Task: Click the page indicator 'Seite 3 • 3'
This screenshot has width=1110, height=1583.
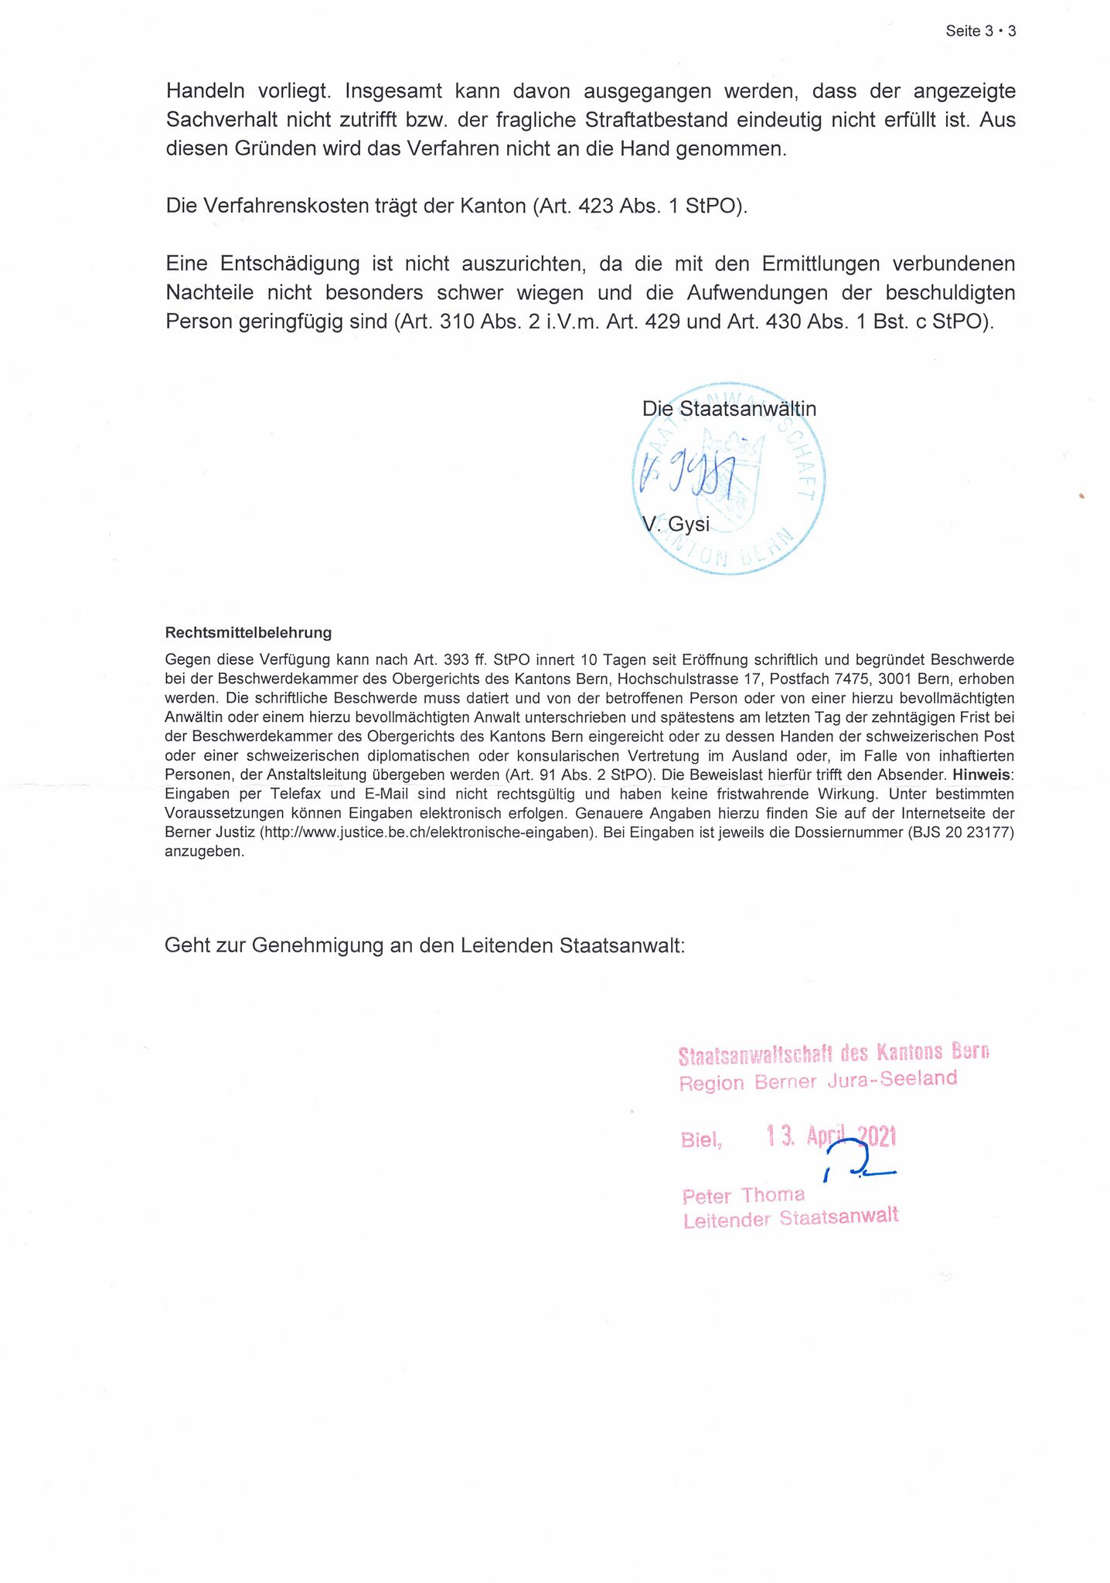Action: (980, 32)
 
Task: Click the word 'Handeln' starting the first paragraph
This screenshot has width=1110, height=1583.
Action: (205, 91)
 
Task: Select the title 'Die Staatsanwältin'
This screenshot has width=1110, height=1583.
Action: (729, 408)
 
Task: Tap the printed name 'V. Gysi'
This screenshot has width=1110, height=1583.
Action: (676, 524)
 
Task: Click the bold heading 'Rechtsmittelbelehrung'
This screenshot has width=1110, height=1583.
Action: (248, 632)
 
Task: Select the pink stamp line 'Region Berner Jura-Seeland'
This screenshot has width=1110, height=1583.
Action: (818, 1080)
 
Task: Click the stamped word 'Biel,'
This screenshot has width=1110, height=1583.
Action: (701, 1139)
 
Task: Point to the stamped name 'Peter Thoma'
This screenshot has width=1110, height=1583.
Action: (743, 1196)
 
